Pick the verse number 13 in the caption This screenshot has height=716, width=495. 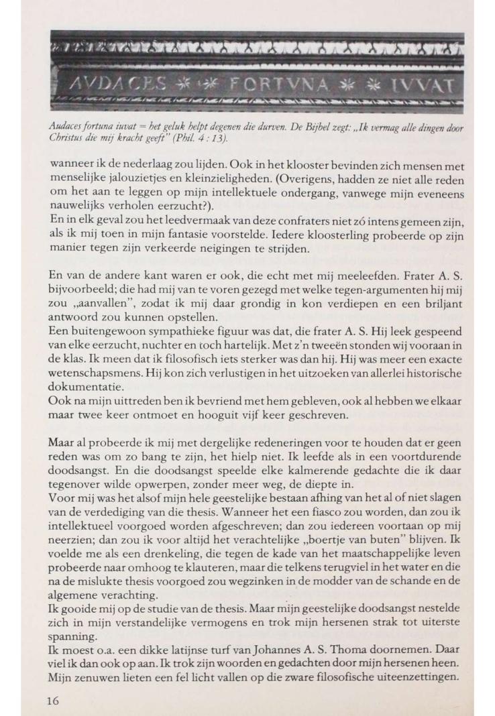214,139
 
